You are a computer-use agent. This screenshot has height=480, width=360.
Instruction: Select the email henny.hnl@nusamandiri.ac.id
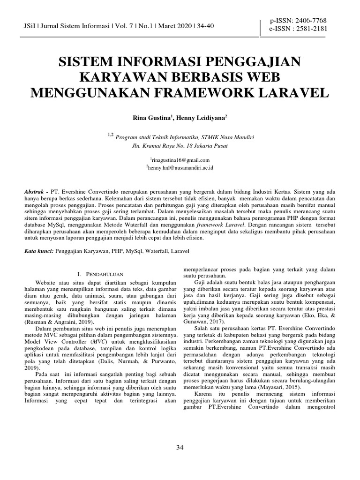tap(180, 167)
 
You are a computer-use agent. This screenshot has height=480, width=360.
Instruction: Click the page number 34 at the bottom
tap(180, 448)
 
